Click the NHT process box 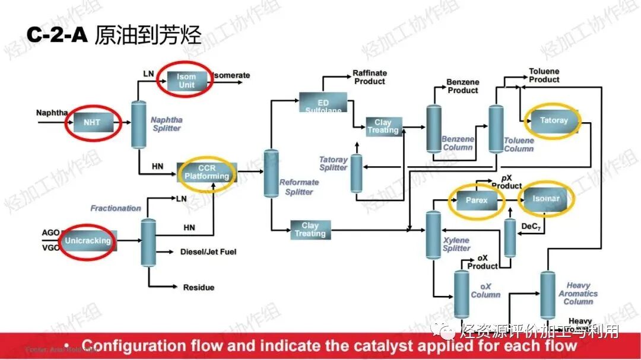pyautogui.click(x=92, y=123)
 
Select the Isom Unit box pyautogui.click(x=186, y=81)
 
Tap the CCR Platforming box pyautogui.click(x=207, y=171)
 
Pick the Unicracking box pyautogui.click(x=88, y=241)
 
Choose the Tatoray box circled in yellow pyautogui.click(x=554, y=120)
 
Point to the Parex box pyautogui.click(x=476, y=200)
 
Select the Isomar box pyautogui.click(x=546, y=199)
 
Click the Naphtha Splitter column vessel pyautogui.click(x=138, y=124)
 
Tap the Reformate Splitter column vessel pyautogui.click(x=271, y=173)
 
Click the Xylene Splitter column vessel pyautogui.click(x=433, y=235)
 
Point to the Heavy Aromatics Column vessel pyautogui.click(x=547, y=294)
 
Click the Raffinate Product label pyautogui.click(x=369, y=77)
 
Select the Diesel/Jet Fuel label pyautogui.click(x=208, y=252)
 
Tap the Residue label pyautogui.click(x=199, y=288)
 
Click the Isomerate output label pyautogui.click(x=232, y=75)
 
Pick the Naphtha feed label pyautogui.click(x=52, y=113)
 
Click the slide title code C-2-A pyautogui.click(x=57, y=35)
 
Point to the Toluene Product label pyautogui.click(x=544, y=75)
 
